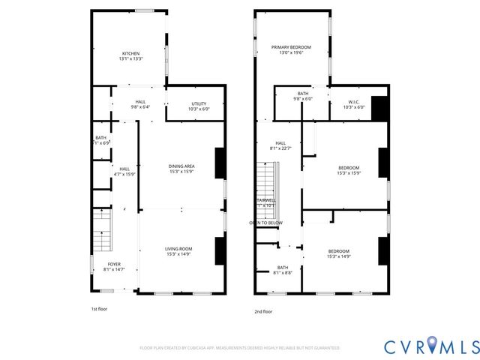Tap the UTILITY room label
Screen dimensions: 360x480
tap(198, 106)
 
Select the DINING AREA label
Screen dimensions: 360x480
tap(181, 169)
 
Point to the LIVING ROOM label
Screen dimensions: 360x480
tap(179, 251)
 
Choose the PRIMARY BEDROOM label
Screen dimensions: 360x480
tap(291, 49)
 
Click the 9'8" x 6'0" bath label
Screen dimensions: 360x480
tap(302, 96)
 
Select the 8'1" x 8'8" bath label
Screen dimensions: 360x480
tap(283, 270)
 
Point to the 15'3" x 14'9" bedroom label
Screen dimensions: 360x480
tap(338, 254)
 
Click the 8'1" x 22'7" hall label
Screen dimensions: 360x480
tap(280, 145)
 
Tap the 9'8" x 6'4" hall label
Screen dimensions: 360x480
tap(140, 104)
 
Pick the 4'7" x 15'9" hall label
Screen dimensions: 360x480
tap(124, 172)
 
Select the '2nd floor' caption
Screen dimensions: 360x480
tap(263, 311)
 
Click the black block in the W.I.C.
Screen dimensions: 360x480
tap(379, 108)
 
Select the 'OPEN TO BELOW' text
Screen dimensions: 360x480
tap(266, 223)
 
